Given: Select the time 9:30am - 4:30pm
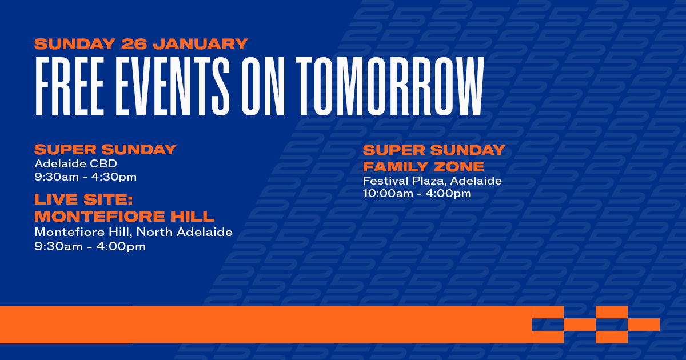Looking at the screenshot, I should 86,177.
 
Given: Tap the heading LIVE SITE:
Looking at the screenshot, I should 83,200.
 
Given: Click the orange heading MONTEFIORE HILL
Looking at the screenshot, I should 125,217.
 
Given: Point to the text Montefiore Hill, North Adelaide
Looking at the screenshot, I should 133,233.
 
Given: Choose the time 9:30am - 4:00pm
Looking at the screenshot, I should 90,246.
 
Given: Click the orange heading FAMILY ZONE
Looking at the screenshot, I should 424,167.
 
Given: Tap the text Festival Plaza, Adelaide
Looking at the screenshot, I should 432,181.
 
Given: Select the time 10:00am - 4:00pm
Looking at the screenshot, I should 417,194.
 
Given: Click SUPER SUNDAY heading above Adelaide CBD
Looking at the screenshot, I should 105,150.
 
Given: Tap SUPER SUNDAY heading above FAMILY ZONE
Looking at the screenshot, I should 434,150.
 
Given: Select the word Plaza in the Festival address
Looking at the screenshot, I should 429,181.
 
